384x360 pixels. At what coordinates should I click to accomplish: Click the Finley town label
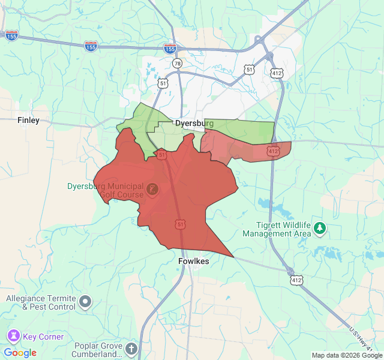28,120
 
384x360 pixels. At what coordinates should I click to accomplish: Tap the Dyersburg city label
194,123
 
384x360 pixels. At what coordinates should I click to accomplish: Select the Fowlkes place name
193,262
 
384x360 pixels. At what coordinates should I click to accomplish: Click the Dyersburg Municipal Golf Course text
105,190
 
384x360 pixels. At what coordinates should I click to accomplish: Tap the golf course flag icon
152,190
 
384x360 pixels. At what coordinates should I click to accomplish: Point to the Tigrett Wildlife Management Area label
277,229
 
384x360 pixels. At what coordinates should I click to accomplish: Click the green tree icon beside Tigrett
320,228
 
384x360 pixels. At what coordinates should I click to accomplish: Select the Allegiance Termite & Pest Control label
41,302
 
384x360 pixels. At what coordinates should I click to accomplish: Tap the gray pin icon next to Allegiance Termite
86,301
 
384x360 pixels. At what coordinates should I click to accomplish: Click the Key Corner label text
43,337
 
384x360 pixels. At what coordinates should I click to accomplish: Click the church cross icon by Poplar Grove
132,349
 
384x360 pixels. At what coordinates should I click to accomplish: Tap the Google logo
20,353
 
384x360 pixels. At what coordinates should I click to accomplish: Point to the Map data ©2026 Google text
347,355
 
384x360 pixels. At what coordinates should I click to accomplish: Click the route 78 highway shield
176,63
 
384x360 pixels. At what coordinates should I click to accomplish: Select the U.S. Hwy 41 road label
361,339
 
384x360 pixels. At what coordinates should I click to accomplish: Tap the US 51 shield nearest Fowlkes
181,224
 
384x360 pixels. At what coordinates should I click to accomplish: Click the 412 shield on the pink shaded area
274,151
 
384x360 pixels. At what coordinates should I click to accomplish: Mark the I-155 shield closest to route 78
170,48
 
